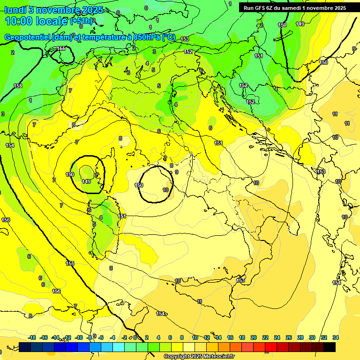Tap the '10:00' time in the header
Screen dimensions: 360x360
19,21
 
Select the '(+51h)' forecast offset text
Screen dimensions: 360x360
82,21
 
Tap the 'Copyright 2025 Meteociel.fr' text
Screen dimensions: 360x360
199,357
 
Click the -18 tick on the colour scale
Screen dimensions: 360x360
32,337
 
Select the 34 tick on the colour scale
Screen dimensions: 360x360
335,337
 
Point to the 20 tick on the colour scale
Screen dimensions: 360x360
254,337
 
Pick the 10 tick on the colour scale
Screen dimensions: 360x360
195,337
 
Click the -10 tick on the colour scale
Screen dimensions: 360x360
79,337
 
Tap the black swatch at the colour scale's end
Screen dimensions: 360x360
330,347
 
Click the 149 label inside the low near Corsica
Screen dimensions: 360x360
86,181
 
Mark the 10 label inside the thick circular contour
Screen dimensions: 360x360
165,190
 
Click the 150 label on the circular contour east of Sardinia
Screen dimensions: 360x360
139,186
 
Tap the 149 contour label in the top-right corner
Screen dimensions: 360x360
300,24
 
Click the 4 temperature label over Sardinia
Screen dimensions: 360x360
101,217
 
